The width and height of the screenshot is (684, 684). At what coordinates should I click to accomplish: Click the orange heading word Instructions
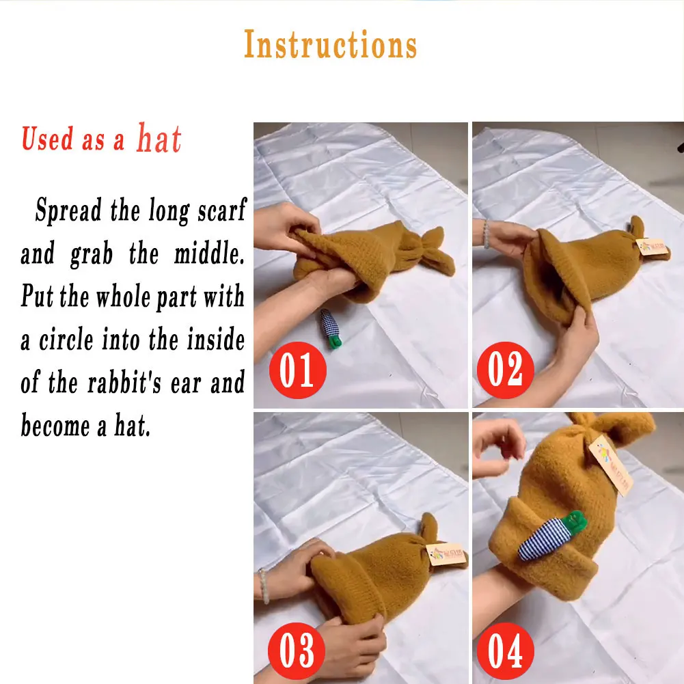(330, 44)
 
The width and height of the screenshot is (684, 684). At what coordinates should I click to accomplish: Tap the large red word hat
(159, 138)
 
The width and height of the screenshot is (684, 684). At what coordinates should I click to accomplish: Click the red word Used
(48, 139)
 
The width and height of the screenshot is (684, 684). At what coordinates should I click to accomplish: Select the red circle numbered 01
(297, 370)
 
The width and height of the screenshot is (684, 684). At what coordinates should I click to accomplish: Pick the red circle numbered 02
(505, 370)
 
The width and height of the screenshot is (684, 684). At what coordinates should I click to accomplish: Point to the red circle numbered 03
(297, 651)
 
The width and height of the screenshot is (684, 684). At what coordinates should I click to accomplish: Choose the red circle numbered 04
(505, 651)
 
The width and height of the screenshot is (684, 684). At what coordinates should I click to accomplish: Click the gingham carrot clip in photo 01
(330, 328)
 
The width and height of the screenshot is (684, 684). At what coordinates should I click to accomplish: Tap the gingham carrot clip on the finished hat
(551, 536)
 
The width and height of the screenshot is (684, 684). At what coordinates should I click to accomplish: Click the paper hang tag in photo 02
(652, 246)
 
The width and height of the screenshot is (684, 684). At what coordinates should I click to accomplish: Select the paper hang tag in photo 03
(446, 554)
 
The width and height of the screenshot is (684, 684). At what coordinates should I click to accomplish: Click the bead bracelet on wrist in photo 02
(487, 234)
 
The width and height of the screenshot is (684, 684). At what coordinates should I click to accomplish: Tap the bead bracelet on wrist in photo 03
(263, 586)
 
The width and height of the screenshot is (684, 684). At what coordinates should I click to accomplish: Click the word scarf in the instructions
(222, 210)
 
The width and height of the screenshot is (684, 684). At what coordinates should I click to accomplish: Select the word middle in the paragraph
(209, 254)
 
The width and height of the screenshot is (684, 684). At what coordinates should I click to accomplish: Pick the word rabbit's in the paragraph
(124, 383)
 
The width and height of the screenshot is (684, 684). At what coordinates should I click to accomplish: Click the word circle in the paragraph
(66, 340)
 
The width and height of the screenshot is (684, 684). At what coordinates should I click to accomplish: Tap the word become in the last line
(55, 425)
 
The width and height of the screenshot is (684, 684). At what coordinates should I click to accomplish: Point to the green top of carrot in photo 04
(575, 521)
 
